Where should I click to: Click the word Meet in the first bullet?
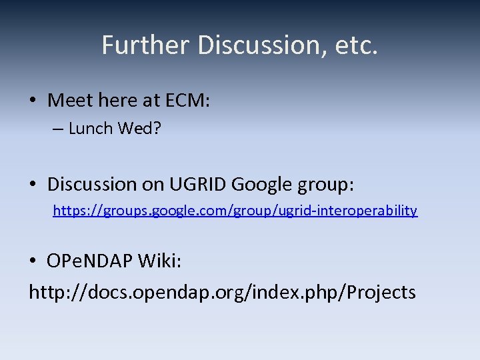coord(70,101)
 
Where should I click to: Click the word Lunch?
coord(91,129)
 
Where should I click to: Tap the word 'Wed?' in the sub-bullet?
coord(139,129)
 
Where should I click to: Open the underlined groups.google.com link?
coord(235,211)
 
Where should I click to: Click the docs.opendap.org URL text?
coord(222,291)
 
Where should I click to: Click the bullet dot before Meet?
coord(33,101)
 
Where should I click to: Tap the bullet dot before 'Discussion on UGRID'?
coord(33,183)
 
